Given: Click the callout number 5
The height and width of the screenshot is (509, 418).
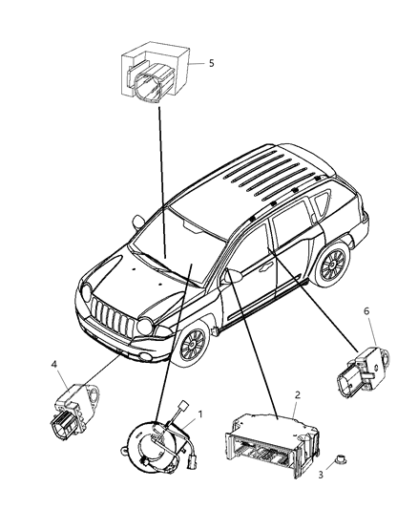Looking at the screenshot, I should (212, 64).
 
